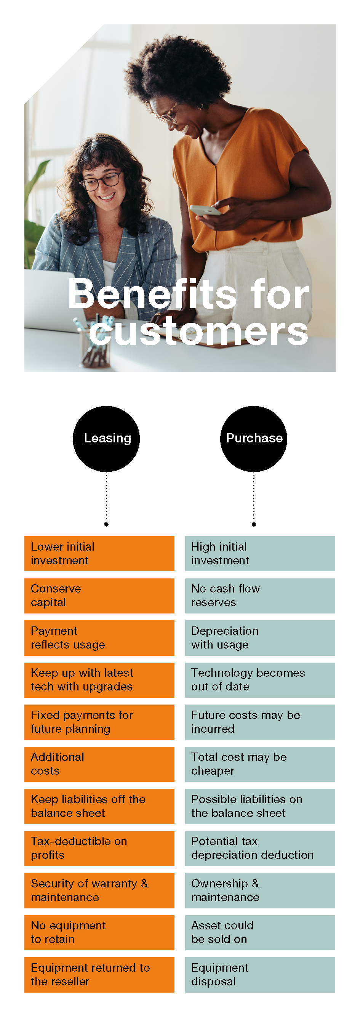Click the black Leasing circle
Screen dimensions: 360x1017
click(x=106, y=439)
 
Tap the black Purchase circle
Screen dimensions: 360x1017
click(x=254, y=439)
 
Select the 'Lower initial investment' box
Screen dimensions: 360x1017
click(x=99, y=554)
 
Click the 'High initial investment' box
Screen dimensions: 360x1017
click(x=260, y=554)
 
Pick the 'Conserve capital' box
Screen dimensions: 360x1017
click(x=99, y=596)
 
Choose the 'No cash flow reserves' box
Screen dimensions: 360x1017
click(x=260, y=596)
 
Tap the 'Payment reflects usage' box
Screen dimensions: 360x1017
click(x=99, y=638)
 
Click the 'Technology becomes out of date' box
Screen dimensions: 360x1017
click(x=260, y=680)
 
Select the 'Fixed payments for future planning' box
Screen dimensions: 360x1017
click(x=99, y=722)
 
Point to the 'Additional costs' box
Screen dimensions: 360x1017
click(x=99, y=764)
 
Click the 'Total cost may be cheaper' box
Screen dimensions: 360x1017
click(x=260, y=764)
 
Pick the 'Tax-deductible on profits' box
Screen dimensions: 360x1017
click(x=99, y=849)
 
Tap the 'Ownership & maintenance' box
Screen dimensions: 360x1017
click(x=260, y=890)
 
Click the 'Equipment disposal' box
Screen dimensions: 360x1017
click(x=260, y=975)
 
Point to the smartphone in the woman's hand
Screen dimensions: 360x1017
click(x=205, y=210)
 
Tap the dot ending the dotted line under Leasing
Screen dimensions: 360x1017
click(x=106, y=524)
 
